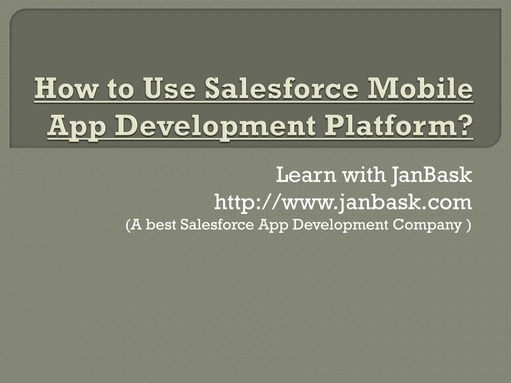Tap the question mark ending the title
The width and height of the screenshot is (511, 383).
[x=465, y=125]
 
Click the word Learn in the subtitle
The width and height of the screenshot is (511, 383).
[x=306, y=175]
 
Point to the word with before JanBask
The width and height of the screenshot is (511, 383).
[x=363, y=175]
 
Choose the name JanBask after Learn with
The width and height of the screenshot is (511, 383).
[x=431, y=175]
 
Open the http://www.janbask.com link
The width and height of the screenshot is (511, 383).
[x=343, y=202]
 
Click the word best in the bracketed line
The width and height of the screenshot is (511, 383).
[x=161, y=225]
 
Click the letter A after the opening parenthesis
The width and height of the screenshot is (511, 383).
[x=137, y=225]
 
